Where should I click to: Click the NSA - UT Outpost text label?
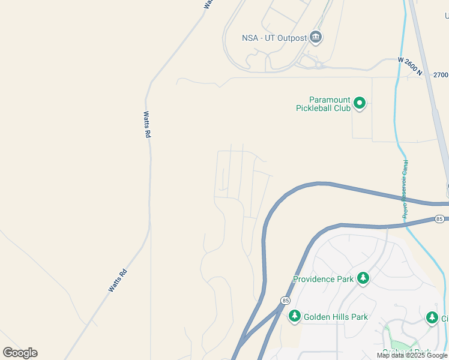coord(274,38)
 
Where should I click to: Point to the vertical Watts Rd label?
coord(146,125)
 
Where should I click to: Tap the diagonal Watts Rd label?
coord(118,281)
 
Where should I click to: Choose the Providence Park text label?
coord(323,279)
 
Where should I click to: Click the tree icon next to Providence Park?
coord(363,278)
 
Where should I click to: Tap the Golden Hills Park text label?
coord(336,317)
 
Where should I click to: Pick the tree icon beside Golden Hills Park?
coord(294,316)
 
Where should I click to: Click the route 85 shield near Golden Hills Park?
coord(285,300)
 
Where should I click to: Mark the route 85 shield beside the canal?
coord(440,219)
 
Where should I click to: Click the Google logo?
coord(20,353)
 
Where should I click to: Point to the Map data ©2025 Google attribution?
coord(412,355)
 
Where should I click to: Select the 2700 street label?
coord(441,75)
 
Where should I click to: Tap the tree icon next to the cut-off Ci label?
coord(432,317)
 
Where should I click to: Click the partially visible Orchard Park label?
coord(406,352)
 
